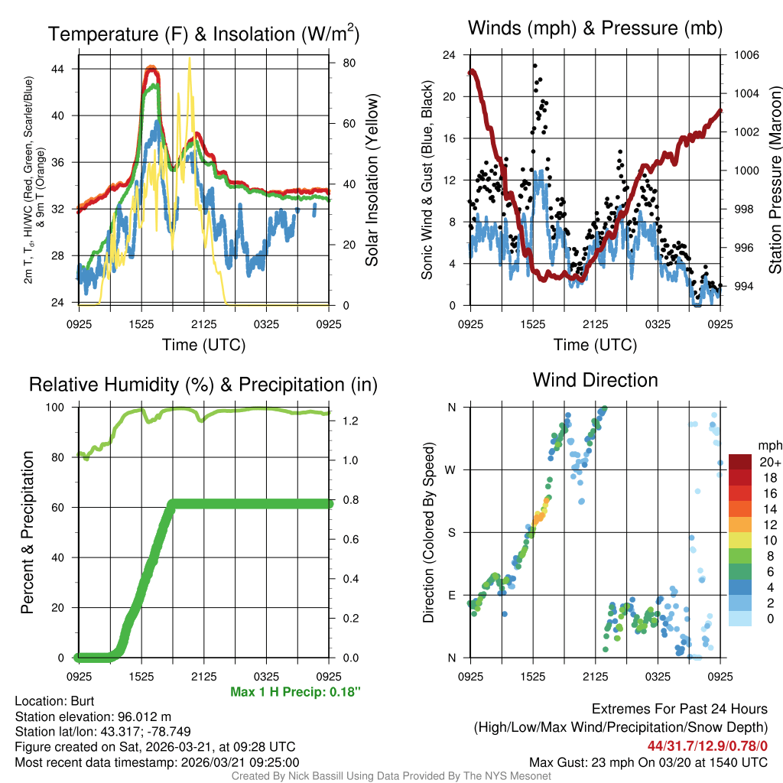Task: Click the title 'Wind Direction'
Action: point(595,380)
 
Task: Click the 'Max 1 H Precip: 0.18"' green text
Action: point(294,692)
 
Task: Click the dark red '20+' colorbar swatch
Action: point(739,462)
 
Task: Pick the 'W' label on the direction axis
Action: point(451,469)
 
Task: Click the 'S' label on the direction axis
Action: point(452,532)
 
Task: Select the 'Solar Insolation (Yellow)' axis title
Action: point(372,180)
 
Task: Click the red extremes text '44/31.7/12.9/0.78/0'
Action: point(707,745)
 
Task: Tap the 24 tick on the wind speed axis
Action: point(450,55)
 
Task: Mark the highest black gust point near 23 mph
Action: point(535,66)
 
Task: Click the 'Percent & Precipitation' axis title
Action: point(28,532)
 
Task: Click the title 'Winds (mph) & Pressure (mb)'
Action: point(595,28)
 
